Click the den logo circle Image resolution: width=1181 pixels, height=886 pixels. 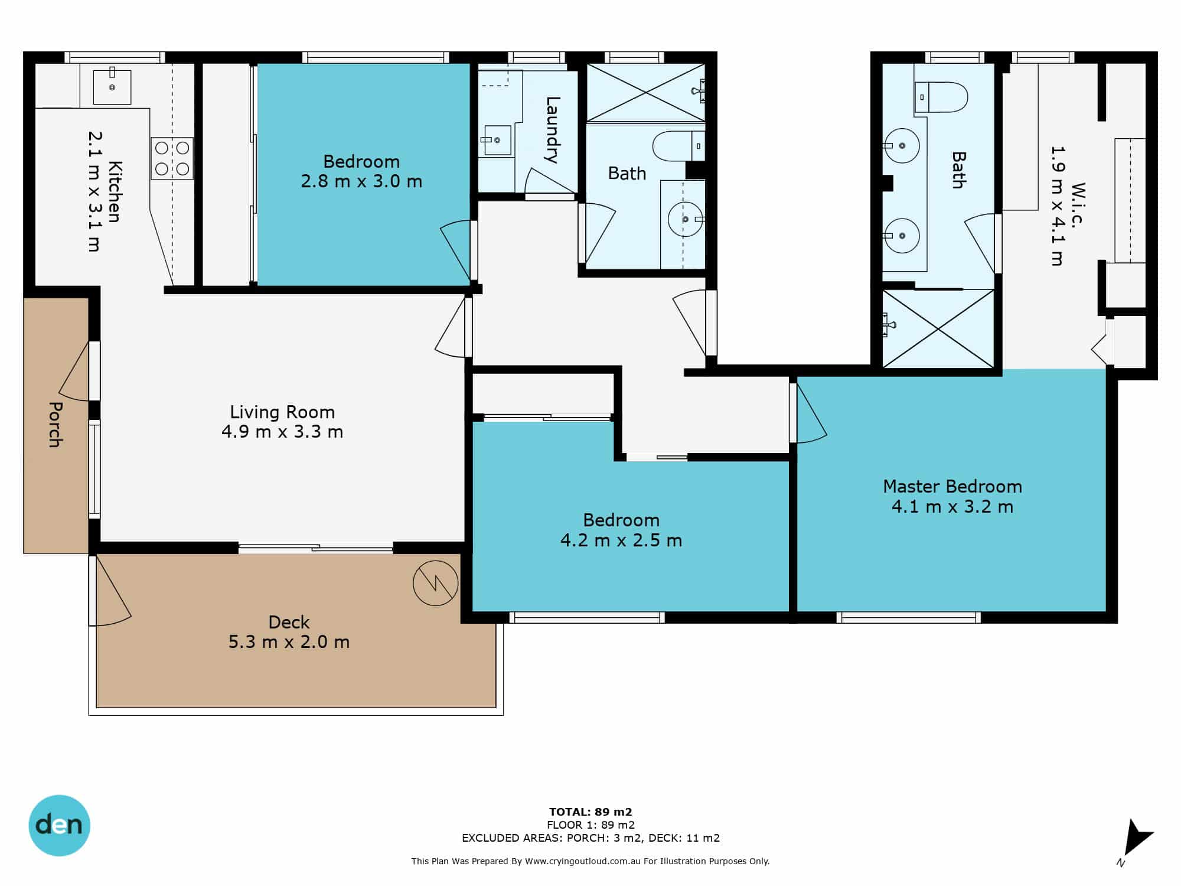[59, 825]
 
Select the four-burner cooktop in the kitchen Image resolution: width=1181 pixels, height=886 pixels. [172, 158]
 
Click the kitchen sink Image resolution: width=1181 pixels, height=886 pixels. [112, 87]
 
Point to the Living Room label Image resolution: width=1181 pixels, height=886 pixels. [282, 412]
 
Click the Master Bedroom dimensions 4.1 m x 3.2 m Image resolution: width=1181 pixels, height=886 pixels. [952, 507]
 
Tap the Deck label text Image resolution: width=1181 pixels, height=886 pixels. [289, 622]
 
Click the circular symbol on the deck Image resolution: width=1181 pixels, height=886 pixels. [436, 583]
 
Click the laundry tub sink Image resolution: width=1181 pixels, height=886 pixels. [497, 141]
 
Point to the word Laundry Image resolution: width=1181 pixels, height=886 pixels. [552, 130]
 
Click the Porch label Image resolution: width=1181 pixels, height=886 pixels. [55, 424]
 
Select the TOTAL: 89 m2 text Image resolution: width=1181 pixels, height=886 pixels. [590, 812]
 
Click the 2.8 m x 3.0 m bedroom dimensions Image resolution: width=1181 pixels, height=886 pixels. [361, 181]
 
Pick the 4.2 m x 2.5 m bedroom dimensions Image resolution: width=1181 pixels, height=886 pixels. [621, 540]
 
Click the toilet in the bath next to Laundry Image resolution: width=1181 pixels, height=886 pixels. [678, 146]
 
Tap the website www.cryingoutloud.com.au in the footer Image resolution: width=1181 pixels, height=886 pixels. [582, 861]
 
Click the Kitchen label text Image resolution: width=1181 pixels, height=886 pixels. [115, 191]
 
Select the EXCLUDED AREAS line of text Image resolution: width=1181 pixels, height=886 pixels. [590, 838]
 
